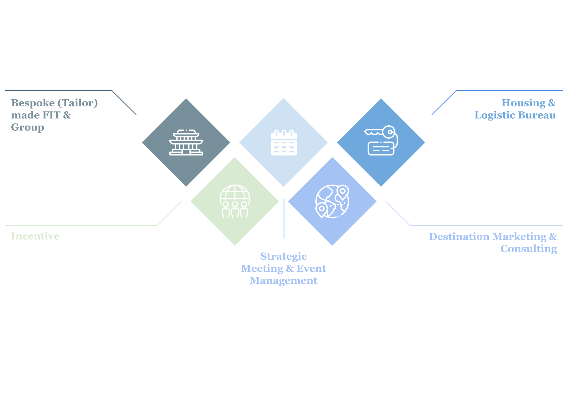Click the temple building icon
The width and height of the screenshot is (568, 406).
tap(186, 143)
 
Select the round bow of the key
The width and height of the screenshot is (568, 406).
tap(389, 132)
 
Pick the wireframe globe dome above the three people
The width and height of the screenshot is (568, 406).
tap(235, 193)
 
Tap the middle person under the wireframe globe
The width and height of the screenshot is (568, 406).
tap(235, 210)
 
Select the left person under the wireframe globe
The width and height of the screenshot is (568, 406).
tap(226, 210)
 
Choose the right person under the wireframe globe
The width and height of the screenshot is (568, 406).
tap(244, 210)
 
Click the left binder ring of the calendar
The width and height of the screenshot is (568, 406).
tap(276, 133)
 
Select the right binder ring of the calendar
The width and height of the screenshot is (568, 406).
tap(292, 133)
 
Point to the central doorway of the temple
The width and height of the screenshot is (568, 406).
tap(186, 152)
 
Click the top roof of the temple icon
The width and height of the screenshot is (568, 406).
tap(186, 133)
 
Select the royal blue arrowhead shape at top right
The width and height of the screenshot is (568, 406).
tap(454, 108)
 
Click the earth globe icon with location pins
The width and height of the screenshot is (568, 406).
tap(332, 201)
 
